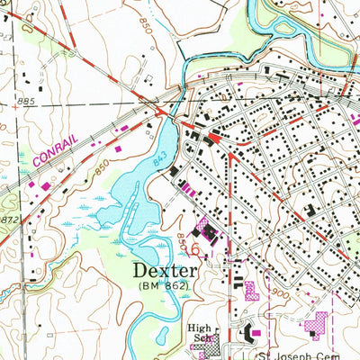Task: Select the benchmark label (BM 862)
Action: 164,285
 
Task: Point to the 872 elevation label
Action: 9,219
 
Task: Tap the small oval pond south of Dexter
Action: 163,337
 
